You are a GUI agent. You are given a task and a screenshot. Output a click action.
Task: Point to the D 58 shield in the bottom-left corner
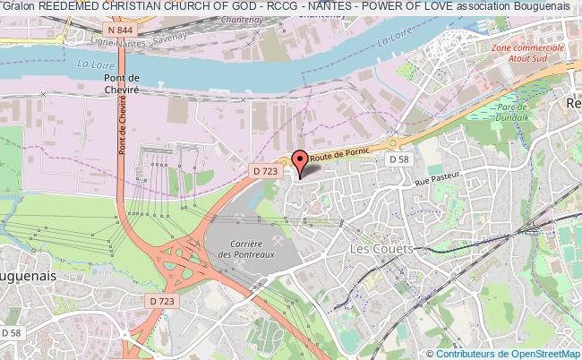point(11,332)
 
